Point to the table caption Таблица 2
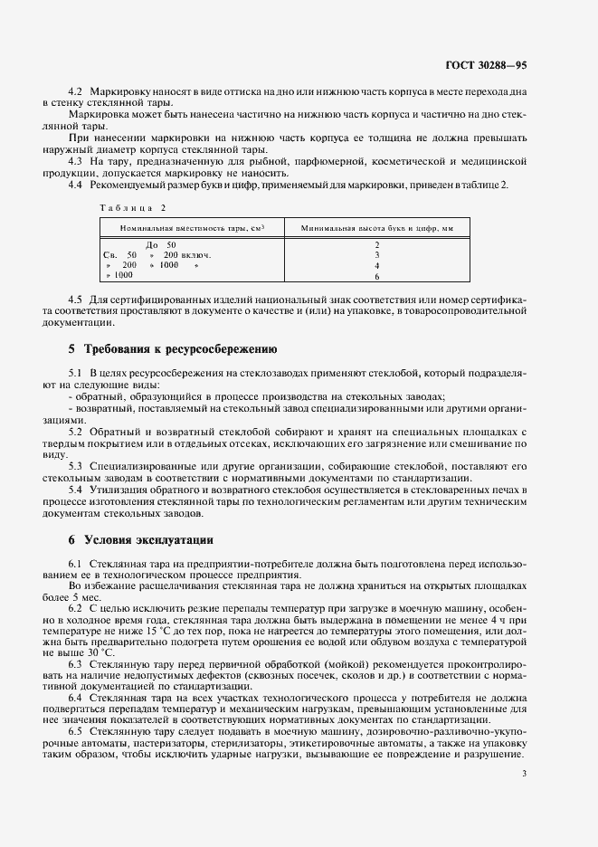(126, 207)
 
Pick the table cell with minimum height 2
(377, 245)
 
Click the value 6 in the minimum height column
(377, 276)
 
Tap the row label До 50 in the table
(161, 245)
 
